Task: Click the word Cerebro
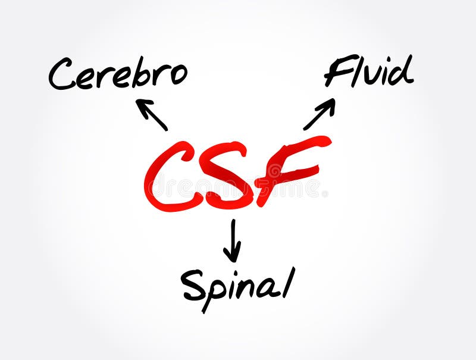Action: tap(118, 75)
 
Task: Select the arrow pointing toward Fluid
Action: tap(320, 114)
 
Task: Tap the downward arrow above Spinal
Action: tap(232, 240)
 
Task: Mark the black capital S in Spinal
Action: tap(193, 284)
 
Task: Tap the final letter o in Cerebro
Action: tap(178, 75)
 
